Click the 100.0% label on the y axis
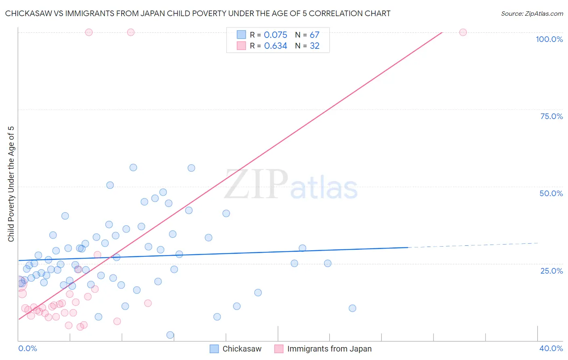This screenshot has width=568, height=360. coord(549,39)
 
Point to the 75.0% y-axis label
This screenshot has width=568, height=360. coord(551,116)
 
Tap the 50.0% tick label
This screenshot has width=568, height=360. coord(551,193)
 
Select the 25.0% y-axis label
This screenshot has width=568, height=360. coord(551,271)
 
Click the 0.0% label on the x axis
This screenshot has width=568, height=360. coord(27,348)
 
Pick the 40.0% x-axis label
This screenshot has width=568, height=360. coord(551,348)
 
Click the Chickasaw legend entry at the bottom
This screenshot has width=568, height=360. coord(242,349)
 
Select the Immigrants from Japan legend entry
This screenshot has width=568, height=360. coord(329,349)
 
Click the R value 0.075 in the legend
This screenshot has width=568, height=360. coord(276,35)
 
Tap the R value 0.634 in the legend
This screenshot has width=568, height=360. coord(276,46)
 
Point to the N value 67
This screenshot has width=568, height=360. coord(314,35)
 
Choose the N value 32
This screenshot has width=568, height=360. coord(314,46)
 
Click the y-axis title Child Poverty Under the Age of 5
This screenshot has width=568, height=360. coord(11,184)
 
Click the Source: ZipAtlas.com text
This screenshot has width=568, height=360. coord(532,14)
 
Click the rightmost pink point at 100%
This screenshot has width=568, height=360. coord(463,32)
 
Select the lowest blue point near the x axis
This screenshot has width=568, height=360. coord(170,335)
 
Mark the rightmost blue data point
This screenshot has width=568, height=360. coord(352,308)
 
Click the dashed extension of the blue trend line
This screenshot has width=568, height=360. coord(473,245)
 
